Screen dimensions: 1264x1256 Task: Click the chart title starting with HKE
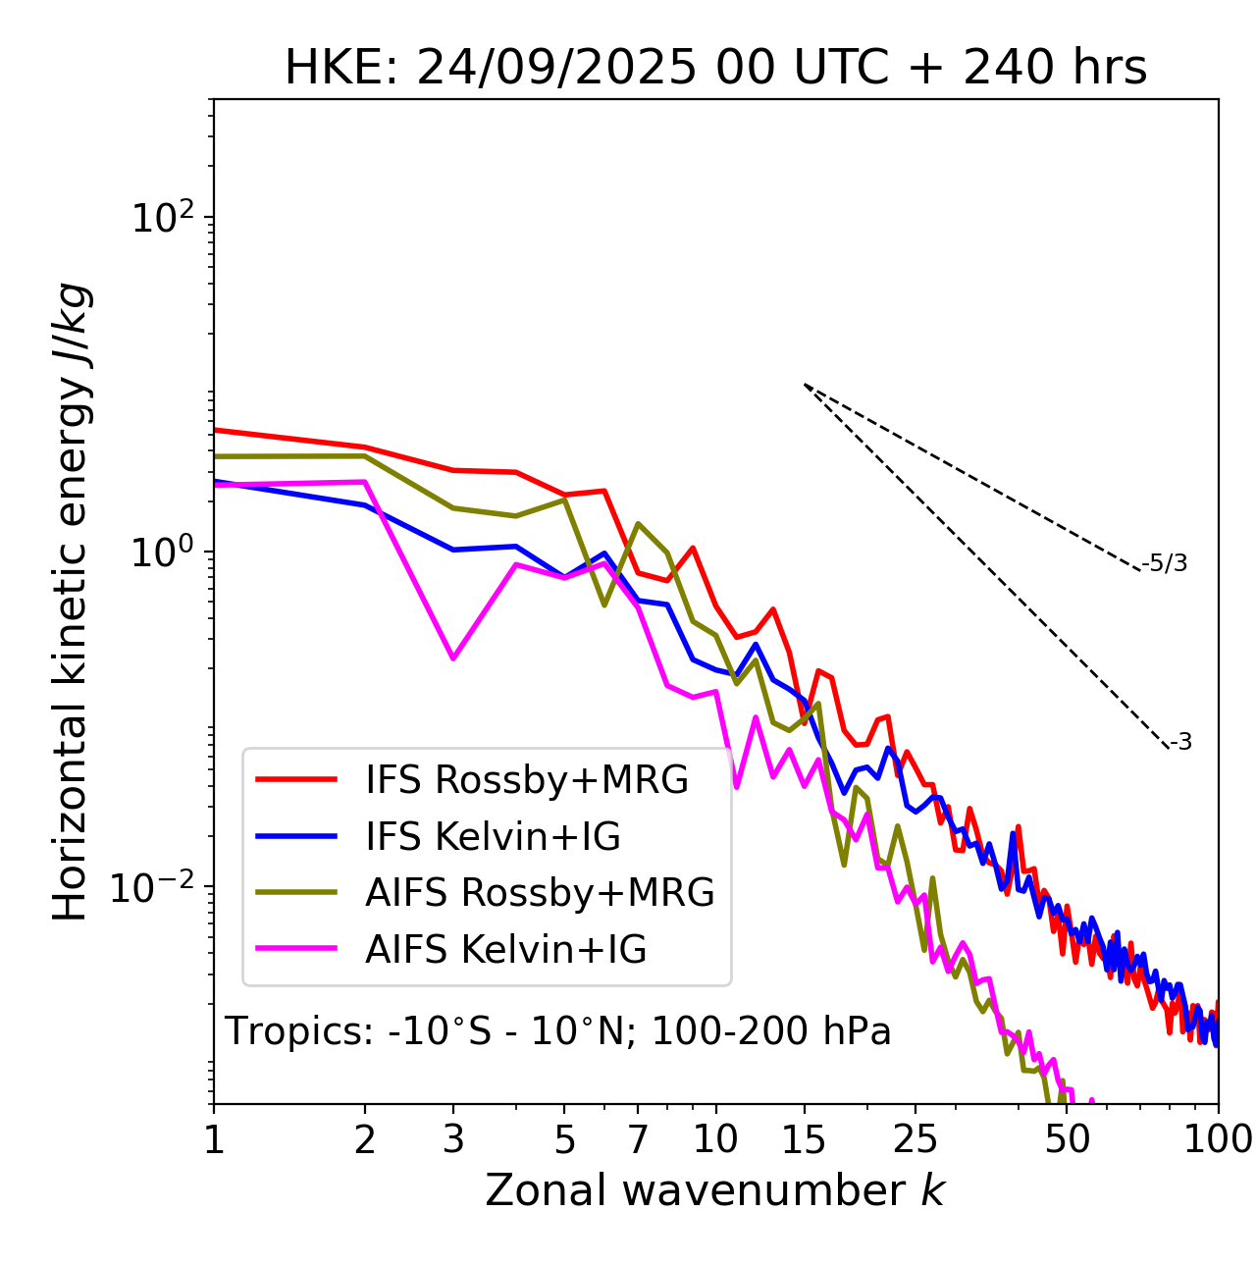[x=715, y=69]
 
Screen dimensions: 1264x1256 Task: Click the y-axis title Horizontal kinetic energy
[x=71, y=602]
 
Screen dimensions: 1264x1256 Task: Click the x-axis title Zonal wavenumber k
[x=714, y=1189]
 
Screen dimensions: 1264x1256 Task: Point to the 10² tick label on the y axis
[x=163, y=217]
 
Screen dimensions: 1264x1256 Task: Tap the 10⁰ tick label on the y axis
[x=163, y=552]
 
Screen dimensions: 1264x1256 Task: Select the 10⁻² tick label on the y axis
[x=157, y=886]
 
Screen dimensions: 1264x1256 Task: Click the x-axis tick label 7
[x=638, y=1139]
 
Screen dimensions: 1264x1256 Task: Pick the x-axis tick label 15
[x=805, y=1139]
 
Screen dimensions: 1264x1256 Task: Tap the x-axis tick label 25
[x=916, y=1139]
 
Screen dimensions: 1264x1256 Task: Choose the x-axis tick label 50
[x=1068, y=1139]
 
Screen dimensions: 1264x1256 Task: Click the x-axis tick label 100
[x=1217, y=1139]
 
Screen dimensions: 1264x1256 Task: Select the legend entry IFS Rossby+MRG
[x=527, y=779]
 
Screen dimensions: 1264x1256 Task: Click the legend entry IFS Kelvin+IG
[x=493, y=836]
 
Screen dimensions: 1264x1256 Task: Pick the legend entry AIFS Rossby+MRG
[x=540, y=892]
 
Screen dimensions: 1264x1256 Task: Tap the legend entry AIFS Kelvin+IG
[x=505, y=949]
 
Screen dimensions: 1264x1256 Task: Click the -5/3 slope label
[x=1165, y=563]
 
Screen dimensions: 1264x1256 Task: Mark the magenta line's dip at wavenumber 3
[x=452, y=658]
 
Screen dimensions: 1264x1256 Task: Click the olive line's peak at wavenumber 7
[x=638, y=524]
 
